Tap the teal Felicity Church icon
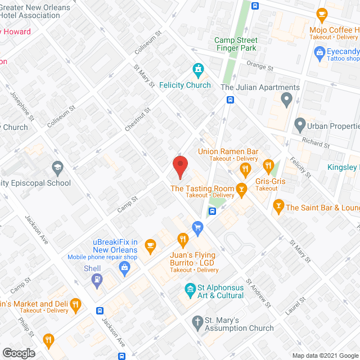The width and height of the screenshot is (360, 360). click(198, 70)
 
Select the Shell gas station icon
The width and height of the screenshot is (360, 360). click(97, 280)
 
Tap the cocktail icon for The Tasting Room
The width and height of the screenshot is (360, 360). click(242, 188)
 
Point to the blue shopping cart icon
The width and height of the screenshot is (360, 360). click(197, 227)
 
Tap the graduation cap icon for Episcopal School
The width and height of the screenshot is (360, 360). click(57, 168)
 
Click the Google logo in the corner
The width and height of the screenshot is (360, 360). click(18, 353)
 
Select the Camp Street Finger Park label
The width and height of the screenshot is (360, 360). click(236, 44)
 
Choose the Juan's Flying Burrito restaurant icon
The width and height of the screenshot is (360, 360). click(182, 240)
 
